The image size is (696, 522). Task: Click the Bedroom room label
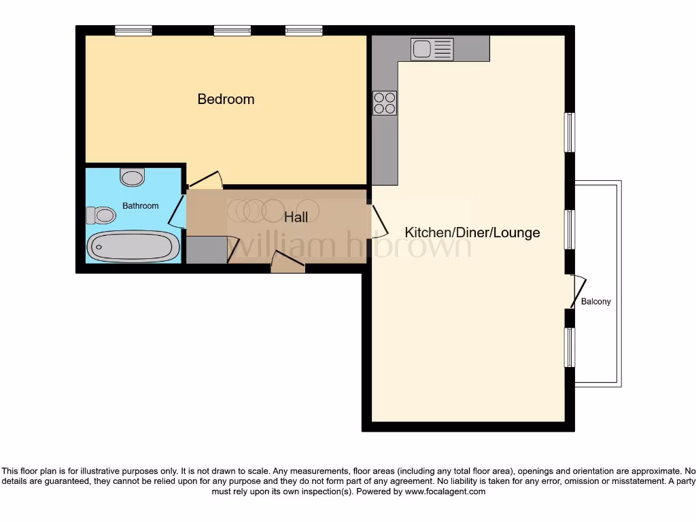226,99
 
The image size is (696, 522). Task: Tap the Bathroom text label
140,206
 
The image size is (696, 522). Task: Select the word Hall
296,217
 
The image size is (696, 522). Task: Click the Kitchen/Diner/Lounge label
472,232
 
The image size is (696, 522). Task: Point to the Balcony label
595,302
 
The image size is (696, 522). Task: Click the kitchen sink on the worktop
432,49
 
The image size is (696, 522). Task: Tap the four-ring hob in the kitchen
384,103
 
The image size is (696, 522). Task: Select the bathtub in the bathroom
134,245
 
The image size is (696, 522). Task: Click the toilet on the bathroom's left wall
101,215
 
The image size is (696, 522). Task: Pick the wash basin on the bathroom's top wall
132,177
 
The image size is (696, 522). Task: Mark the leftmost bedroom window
133,31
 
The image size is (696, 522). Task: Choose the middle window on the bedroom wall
232,31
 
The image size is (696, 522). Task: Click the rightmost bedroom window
304,31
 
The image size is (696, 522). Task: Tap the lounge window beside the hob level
570,132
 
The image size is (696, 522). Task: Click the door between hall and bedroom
205,180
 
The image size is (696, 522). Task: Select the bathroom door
175,211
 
